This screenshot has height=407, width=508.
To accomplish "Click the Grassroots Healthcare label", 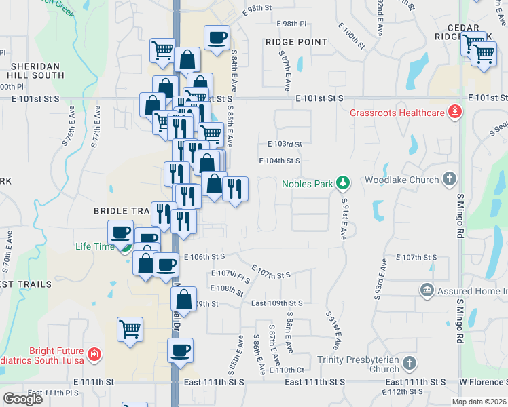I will (397, 113).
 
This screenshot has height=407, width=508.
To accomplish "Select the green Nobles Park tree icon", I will (344, 183).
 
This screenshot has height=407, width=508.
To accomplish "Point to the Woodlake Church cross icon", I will (448, 180).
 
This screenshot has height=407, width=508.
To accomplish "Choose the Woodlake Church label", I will (401, 180).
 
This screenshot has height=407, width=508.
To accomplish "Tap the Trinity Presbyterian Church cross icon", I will (409, 363).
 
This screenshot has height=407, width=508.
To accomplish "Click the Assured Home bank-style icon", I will (427, 291).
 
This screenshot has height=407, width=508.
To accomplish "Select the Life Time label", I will (95, 246).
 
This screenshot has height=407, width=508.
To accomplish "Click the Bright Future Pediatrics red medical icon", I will (94, 354).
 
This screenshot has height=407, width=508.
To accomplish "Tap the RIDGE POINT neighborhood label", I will (296, 42).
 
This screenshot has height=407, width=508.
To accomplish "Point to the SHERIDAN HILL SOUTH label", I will (36, 71).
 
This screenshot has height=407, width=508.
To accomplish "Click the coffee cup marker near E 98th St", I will (217, 38).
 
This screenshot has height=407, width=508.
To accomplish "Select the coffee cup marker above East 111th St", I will (180, 351).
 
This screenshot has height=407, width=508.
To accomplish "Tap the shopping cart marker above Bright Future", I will (130, 330).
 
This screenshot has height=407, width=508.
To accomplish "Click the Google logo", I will (23, 399).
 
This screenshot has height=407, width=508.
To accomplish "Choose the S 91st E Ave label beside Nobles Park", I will (345, 219).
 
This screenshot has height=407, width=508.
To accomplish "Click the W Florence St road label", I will (483, 383).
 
